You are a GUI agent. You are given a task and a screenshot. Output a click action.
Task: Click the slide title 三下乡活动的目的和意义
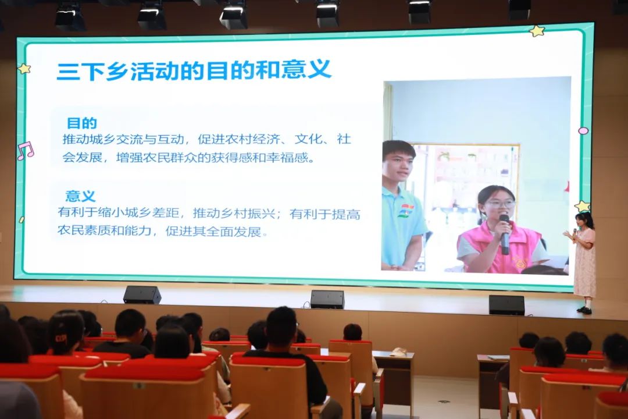[194, 70]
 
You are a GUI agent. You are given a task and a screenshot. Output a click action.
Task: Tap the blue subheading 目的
[82, 123]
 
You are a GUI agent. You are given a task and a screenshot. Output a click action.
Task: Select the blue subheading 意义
[80, 196]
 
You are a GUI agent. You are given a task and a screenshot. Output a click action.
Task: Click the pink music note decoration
[25, 151]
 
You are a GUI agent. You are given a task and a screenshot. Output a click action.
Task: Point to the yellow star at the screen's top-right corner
[537, 31]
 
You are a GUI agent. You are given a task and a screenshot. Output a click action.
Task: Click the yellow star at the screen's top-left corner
[24, 69]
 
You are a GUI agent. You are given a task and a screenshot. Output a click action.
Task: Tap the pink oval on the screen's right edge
[584, 130]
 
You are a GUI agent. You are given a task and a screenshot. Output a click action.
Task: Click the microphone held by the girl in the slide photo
[505, 235]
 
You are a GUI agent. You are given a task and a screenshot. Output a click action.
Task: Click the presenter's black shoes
[584, 310]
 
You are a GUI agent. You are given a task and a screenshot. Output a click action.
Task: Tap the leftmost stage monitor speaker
[142, 294]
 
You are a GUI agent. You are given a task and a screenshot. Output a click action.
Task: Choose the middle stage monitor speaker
[327, 300]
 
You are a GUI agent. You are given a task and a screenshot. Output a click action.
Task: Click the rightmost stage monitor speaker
[506, 305]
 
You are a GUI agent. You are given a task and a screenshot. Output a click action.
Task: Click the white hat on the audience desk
[398, 352]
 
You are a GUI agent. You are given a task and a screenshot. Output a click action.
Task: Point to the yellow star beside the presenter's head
[582, 206]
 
